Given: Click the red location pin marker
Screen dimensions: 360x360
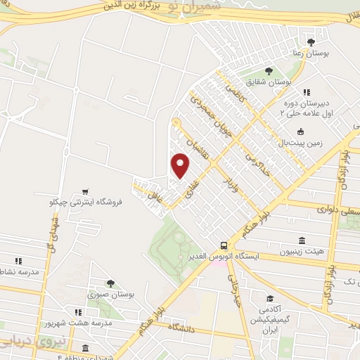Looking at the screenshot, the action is [181, 166].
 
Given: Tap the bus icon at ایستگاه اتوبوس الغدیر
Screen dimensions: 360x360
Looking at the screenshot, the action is [223, 245].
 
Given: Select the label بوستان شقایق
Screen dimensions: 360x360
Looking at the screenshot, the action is [269, 82].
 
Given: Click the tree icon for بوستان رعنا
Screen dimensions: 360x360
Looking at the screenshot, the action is [311, 42].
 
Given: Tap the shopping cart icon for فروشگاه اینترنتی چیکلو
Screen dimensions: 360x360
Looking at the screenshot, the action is [85, 191].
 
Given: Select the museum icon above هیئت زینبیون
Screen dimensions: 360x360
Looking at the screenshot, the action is [302, 240].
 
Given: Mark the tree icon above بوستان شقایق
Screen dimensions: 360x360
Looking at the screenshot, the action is [269, 70].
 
